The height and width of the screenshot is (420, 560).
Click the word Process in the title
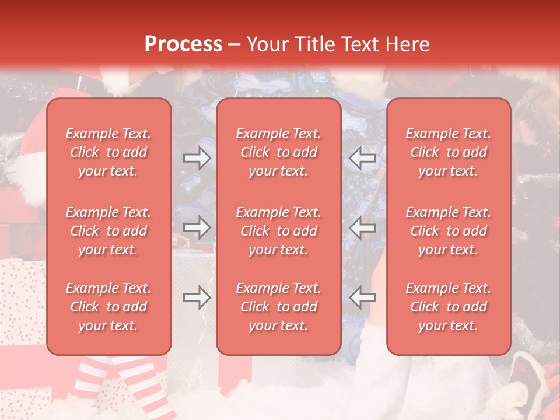pyautogui.click(x=183, y=44)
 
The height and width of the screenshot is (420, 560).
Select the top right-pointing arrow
pyautogui.click(x=197, y=158)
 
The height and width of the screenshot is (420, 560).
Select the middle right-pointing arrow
pyautogui.click(x=197, y=228)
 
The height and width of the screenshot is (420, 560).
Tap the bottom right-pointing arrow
pyautogui.click(x=197, y=297)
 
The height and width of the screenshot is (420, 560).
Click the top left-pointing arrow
pyautogui.click(x=362, y=158)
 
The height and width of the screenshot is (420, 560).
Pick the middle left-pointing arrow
pyautogui.click(x=362, y=228)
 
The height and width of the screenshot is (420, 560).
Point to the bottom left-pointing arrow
pyautogui.click(x=362, y=297)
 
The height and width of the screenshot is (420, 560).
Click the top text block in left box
pyautogui.click(x=108, y=152)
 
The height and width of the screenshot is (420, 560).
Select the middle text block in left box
pyautogui.click(x=108, y=231)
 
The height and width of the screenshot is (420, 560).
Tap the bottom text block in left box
pyautogui.click(x=108, y=307)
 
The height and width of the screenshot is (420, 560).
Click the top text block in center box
pyautogui.click(x=278, y=152)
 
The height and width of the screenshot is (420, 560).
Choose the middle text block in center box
pyautogui.click(x=278, y=231)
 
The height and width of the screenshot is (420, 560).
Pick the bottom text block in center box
pyautogui.click(x=278, y=307)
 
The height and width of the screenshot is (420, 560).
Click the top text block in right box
pyautogui.click(x=448, y=152)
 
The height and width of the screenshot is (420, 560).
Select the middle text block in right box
pyautogui.click(x=448, y=231)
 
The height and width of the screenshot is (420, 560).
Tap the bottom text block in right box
pyautogui.click(x=448, y=307)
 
